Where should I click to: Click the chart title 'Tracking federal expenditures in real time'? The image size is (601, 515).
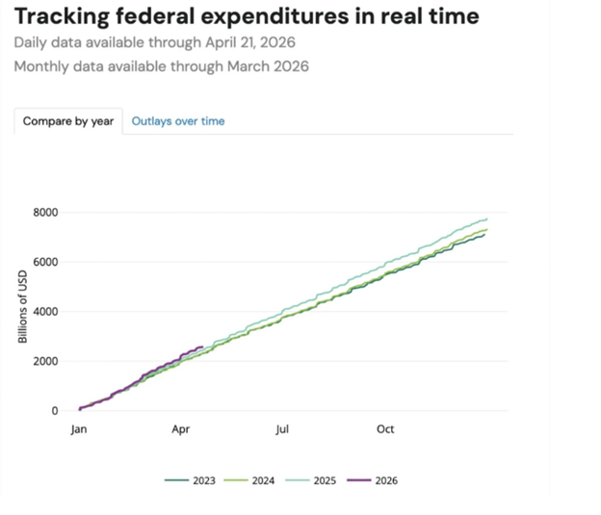[247, 16]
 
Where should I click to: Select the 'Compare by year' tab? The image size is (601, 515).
[68, 121]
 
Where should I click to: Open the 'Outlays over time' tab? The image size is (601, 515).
[178, 121]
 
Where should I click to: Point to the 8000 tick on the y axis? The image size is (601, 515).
[44, 213]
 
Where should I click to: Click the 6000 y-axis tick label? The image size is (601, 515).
[44, 262]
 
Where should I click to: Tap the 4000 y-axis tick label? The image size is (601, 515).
[44, 312]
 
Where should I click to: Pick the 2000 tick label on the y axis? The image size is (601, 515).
[44, 361]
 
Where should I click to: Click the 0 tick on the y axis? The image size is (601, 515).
[54, 411]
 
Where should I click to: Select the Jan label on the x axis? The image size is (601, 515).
[80, 429]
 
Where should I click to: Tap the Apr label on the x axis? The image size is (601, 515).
[183, 429]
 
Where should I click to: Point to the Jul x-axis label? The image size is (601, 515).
[282, 429]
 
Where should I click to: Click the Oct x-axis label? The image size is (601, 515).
[386, 429]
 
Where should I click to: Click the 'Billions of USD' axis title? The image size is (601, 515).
[23, 307]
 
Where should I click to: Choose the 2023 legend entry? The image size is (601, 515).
[193, 480]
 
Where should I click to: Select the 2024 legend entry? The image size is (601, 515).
[253, 480]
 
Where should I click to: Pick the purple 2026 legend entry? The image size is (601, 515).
[375, 480]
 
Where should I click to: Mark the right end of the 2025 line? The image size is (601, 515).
[487, 219]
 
